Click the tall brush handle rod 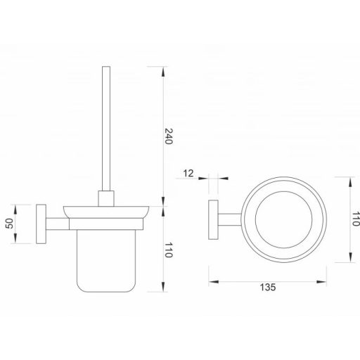107,127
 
